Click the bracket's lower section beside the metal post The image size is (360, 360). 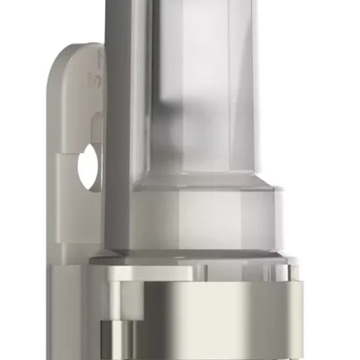point(76,306)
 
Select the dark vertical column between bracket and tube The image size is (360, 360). point(114,135)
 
